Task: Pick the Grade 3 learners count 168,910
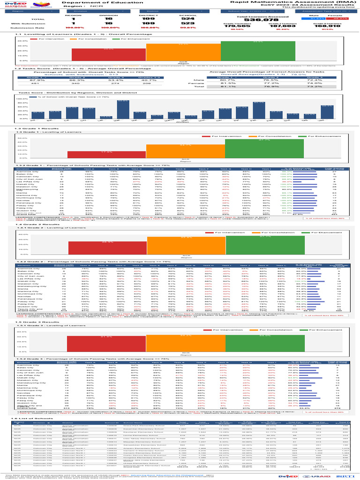pos(323,26)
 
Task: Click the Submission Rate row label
pos(22,28)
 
